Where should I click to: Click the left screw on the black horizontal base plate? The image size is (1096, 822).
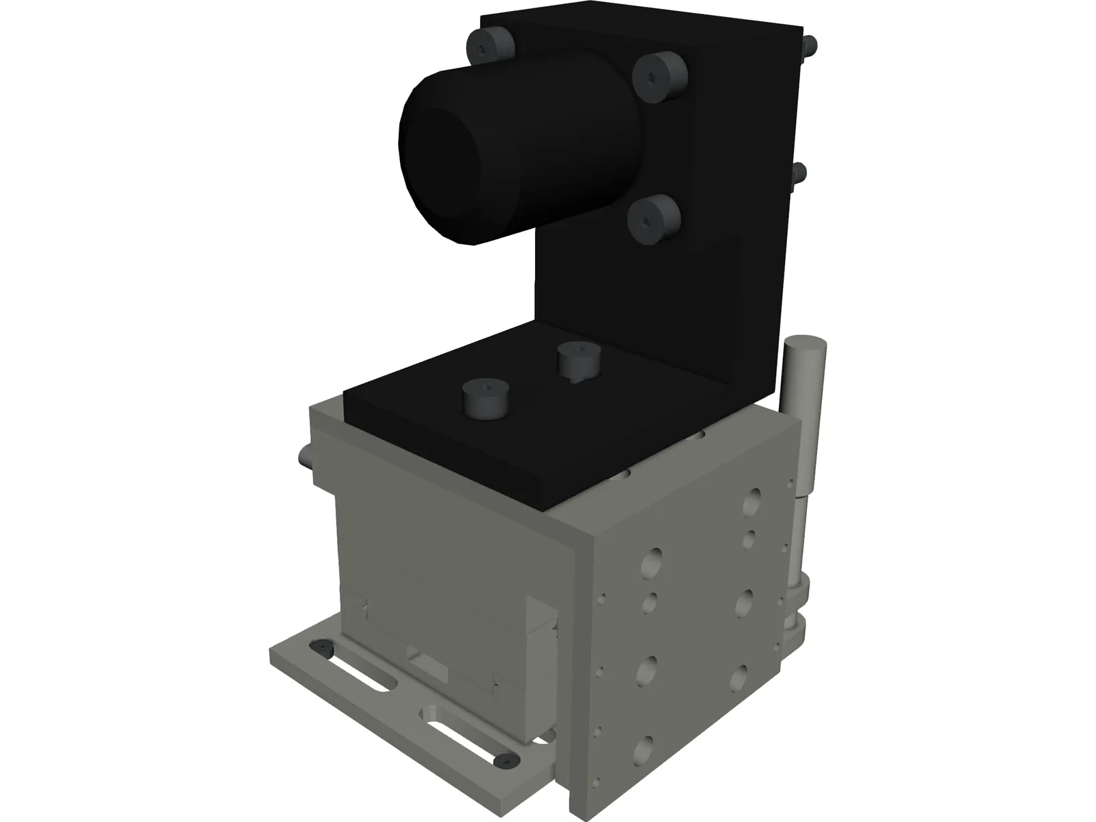pos(484,400)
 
